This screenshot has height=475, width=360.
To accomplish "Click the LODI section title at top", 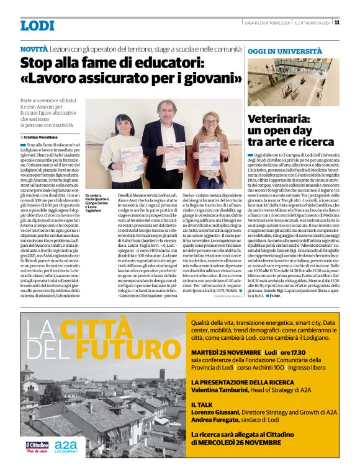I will (37, 26).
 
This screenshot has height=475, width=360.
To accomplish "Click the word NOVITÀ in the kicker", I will (34, 48).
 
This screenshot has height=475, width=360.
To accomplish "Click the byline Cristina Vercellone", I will (44, 136).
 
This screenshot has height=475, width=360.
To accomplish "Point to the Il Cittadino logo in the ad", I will (37, 446).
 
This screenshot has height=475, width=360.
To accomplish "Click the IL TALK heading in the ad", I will (202, 404).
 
